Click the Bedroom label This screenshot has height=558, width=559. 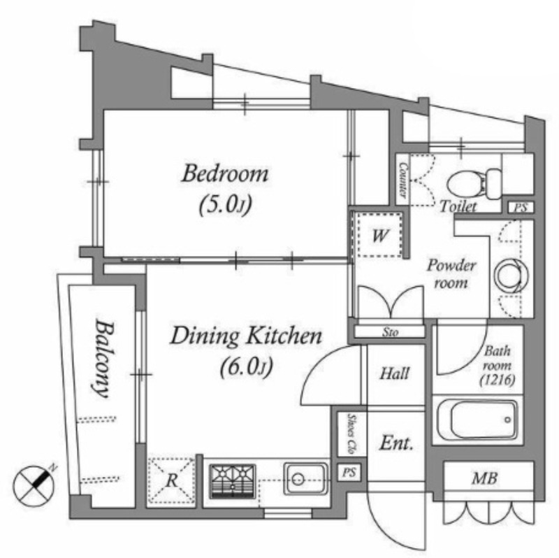pos(225,174)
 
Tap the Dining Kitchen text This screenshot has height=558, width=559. pos(246,336)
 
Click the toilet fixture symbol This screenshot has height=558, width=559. pos(474,183)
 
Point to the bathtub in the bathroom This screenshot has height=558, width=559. pos(477,420)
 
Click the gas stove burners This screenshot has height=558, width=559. pos(232,481)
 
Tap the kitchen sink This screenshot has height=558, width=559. pos(306,479)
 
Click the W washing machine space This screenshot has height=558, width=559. pos(380,235)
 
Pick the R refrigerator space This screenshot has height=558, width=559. pos(171,480)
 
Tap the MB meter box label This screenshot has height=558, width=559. pos(484,478)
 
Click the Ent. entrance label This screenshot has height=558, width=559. pos(396,444)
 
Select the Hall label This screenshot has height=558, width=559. pos(394,373)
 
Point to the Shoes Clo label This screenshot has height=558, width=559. pos(352,433)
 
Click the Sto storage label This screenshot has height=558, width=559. pos(390,333)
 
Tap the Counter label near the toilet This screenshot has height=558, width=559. pos(403,180)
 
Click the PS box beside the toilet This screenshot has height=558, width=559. pos(521,208)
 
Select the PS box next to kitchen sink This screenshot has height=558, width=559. pos(349,473)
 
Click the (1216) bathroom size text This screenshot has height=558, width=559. pos(498,380)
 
